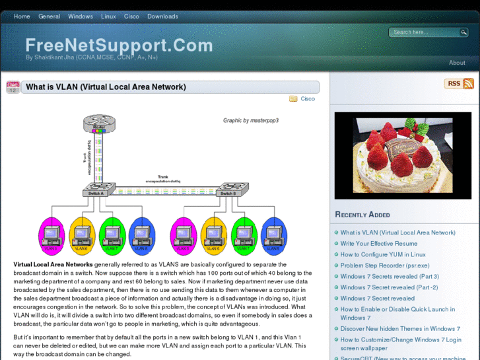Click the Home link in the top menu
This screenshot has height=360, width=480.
point(22,17)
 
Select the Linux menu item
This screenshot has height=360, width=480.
point(108,17)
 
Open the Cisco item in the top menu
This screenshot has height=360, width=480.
point(131,17)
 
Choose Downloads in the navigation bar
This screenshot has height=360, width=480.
point(162,17)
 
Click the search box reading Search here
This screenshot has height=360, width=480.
point(425,32)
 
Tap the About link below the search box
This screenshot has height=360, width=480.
point(457,63)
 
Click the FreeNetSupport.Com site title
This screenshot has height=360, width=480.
point(119,46)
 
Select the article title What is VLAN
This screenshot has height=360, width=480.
point(106,87)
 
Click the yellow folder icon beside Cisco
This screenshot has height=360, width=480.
point(293,99)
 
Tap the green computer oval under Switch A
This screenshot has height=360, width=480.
point(112,235)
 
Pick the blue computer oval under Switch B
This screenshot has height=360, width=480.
point(274,235)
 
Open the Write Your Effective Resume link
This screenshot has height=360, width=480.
point(379,244)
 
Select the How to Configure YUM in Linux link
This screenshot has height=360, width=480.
point(383,254)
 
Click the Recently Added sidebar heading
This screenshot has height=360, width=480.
point(362,215)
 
